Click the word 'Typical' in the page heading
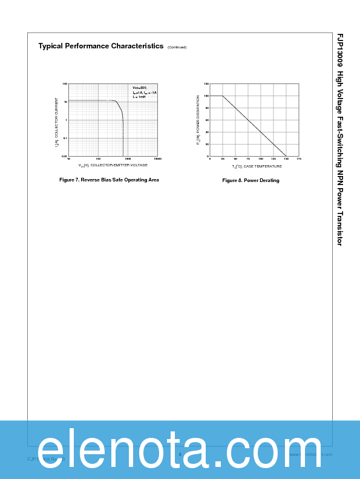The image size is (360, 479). click(x=51, y=46)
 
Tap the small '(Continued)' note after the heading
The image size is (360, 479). click(x=177, y=47)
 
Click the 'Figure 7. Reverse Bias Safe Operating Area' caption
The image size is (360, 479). click(x=109, y=180)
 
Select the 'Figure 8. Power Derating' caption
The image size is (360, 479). click(x=250, y=180)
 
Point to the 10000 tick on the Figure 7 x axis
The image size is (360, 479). click(x=157, y=160)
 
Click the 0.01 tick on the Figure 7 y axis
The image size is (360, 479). click(x=64, y=156)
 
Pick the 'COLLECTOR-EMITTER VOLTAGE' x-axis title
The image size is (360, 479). click(x=119, y=165)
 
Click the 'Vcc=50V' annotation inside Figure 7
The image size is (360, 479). click(x=140, y=88)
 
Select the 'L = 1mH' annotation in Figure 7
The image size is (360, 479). click(x=139, y=97)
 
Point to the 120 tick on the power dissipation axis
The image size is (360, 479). click(x=206, y=84)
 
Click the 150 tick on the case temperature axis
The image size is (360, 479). click(x=286, y=159)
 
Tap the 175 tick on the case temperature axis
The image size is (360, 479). click(x=299, y=159)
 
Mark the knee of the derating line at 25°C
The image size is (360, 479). click(x=223, y=96)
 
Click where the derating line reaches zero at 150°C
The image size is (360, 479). click(x=286, y=156)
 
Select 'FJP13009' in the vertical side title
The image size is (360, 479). click(x=339, y=50)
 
